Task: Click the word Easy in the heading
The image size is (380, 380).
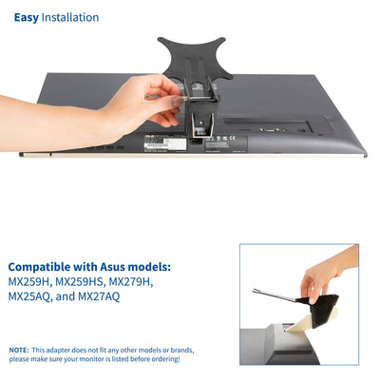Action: pyautogui.click(x=27, y=17)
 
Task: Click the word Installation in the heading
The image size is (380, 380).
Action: pyautogui.click(x=70, y=17)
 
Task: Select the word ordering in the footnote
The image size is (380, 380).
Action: pyautogui.click(x=159, y=359)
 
